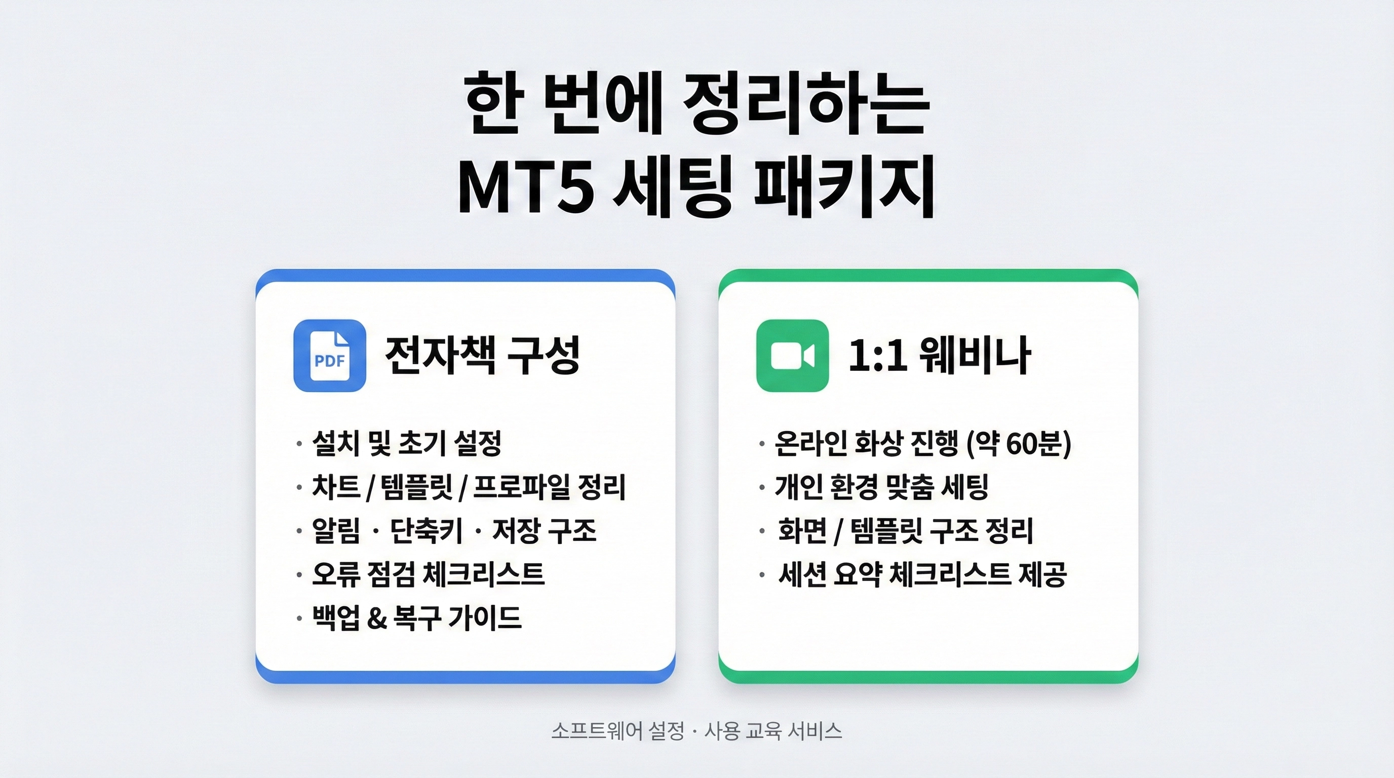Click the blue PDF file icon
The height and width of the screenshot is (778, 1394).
(x=330, y=356)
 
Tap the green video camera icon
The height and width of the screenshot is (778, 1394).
(x=792, y=356)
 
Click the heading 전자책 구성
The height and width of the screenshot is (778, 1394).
(x=482, y=355)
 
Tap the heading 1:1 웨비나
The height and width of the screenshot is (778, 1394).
(x=940, y=355)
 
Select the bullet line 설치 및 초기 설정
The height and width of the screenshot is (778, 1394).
(x=406, y=444)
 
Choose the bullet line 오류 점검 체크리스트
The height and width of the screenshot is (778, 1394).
(x=428, y=574)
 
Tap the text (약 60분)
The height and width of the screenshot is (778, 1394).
(x=1019, y=444)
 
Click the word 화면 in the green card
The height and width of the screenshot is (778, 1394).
(x=803, y=531)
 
